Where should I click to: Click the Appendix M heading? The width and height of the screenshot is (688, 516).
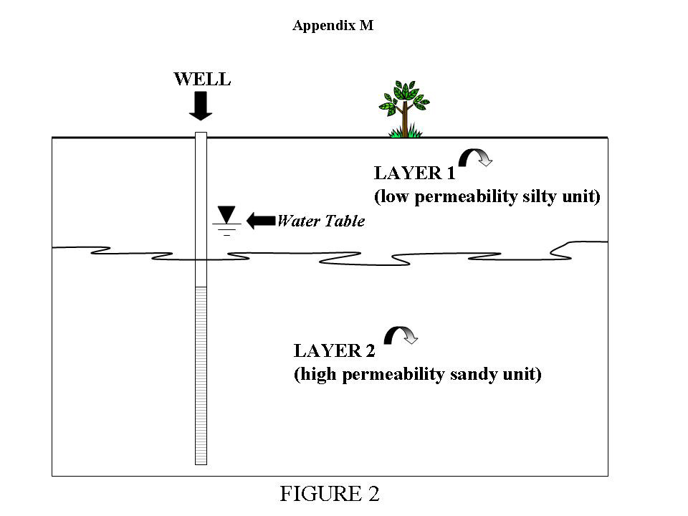[333, 26]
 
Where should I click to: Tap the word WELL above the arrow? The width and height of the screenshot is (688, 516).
[202, 79]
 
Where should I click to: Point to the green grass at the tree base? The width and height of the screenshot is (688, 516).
[405, 132]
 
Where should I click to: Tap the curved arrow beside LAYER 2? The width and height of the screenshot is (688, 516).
[401, 335]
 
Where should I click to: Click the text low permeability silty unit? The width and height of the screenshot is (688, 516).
[487, 196]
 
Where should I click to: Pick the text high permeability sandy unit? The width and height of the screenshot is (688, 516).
[417, 374]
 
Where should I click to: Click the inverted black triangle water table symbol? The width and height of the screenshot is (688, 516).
[227, 214]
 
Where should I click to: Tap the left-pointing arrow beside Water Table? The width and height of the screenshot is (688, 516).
[260, 221]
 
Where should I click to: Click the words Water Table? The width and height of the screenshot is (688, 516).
[320, 221]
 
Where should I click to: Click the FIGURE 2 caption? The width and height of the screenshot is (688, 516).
[330, 494]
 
